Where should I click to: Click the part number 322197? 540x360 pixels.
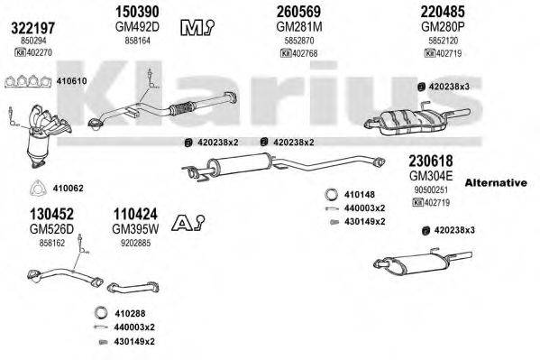point(33,28)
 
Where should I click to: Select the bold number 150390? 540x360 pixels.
point(137,12)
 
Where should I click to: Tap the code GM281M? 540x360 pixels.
point(299,26)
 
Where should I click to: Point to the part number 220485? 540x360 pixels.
point(443,12)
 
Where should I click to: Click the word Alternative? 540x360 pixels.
point(496,182)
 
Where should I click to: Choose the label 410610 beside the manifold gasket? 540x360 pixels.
point(71,81)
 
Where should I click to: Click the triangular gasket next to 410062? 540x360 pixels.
point(38,189)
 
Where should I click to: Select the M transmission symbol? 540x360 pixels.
point(197,28)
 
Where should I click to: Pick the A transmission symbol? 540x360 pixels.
point(188,223)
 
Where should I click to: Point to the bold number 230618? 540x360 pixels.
point(431,161)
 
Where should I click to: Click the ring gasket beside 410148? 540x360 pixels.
point(331,195)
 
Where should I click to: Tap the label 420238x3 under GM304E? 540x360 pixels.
point(454,230)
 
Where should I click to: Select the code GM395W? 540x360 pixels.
point(135,229)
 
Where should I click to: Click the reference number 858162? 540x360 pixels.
point(52,243)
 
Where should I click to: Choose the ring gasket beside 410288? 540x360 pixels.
point(101,313)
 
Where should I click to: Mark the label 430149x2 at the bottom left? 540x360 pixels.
point(134,341)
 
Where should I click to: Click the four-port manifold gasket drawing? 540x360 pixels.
point(28,82)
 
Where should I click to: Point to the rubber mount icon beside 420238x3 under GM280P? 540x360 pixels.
point(421,87)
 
